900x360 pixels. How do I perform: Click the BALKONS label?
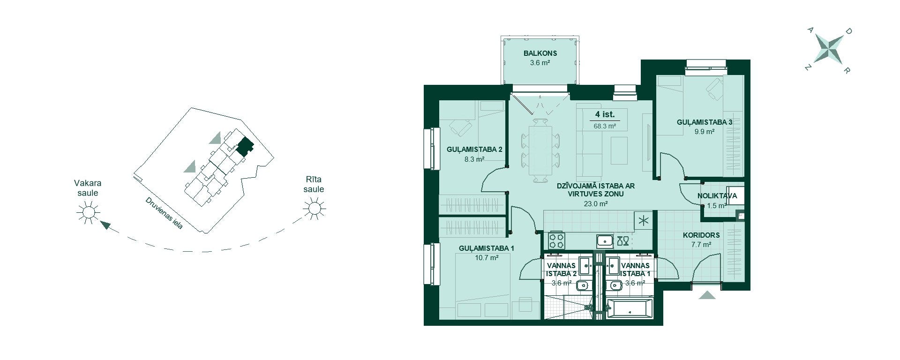(x=540, y=53)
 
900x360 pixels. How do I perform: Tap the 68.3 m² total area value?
(x=605, y=126)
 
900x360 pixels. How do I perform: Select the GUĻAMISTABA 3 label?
(x=705, y=122)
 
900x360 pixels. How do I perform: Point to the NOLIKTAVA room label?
(x=717, y=196)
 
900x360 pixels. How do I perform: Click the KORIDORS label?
(x=701, y=235)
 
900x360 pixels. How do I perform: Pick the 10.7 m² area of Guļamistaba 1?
(x=487, y=257)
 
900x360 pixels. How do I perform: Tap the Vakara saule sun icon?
(x=88, y=212)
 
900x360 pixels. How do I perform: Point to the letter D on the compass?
(x=848, y=31)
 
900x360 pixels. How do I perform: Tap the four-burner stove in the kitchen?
(x=557, y=241)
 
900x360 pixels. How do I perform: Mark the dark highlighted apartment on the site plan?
(x=244, y=147)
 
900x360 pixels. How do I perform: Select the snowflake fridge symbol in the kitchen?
(x=643, y=221)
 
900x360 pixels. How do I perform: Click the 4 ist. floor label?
(x=605, y=114)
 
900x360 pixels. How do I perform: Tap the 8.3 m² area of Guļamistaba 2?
(x=474, y=159)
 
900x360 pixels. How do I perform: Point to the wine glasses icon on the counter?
(x=623, y=241)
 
